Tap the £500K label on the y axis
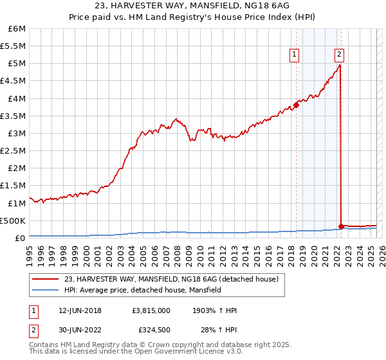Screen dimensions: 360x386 [13, 221]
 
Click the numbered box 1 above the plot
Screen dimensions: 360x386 [294, 55]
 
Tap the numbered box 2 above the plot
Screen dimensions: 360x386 [339, 55]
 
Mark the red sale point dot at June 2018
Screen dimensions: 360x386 [296, 104]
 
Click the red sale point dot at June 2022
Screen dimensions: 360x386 [341, 226]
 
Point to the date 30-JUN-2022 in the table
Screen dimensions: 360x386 [80, 330]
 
